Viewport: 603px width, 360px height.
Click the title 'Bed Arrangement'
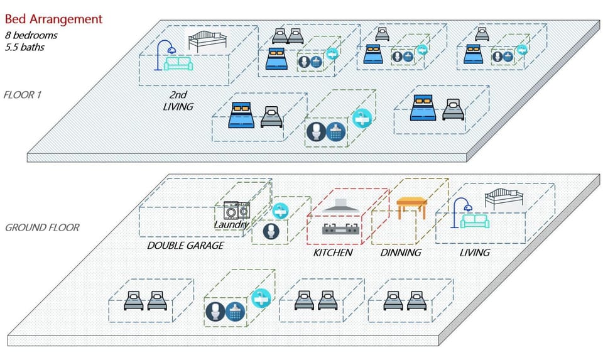pos(53,19)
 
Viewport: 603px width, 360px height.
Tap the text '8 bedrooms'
pos(31,35)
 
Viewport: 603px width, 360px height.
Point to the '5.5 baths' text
pos(26,46)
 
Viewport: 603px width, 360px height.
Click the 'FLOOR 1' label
pos(23,95)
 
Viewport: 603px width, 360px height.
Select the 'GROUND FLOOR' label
pos(42,227)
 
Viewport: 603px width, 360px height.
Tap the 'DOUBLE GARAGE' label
pos(185,246)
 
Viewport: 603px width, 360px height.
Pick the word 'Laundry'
pos(231,224)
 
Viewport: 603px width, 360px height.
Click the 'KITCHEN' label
pos(333,253)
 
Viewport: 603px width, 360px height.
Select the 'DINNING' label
pos(401,253)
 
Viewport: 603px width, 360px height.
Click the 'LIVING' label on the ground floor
pos(474,253)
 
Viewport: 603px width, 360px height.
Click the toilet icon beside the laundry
pos(271,231)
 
